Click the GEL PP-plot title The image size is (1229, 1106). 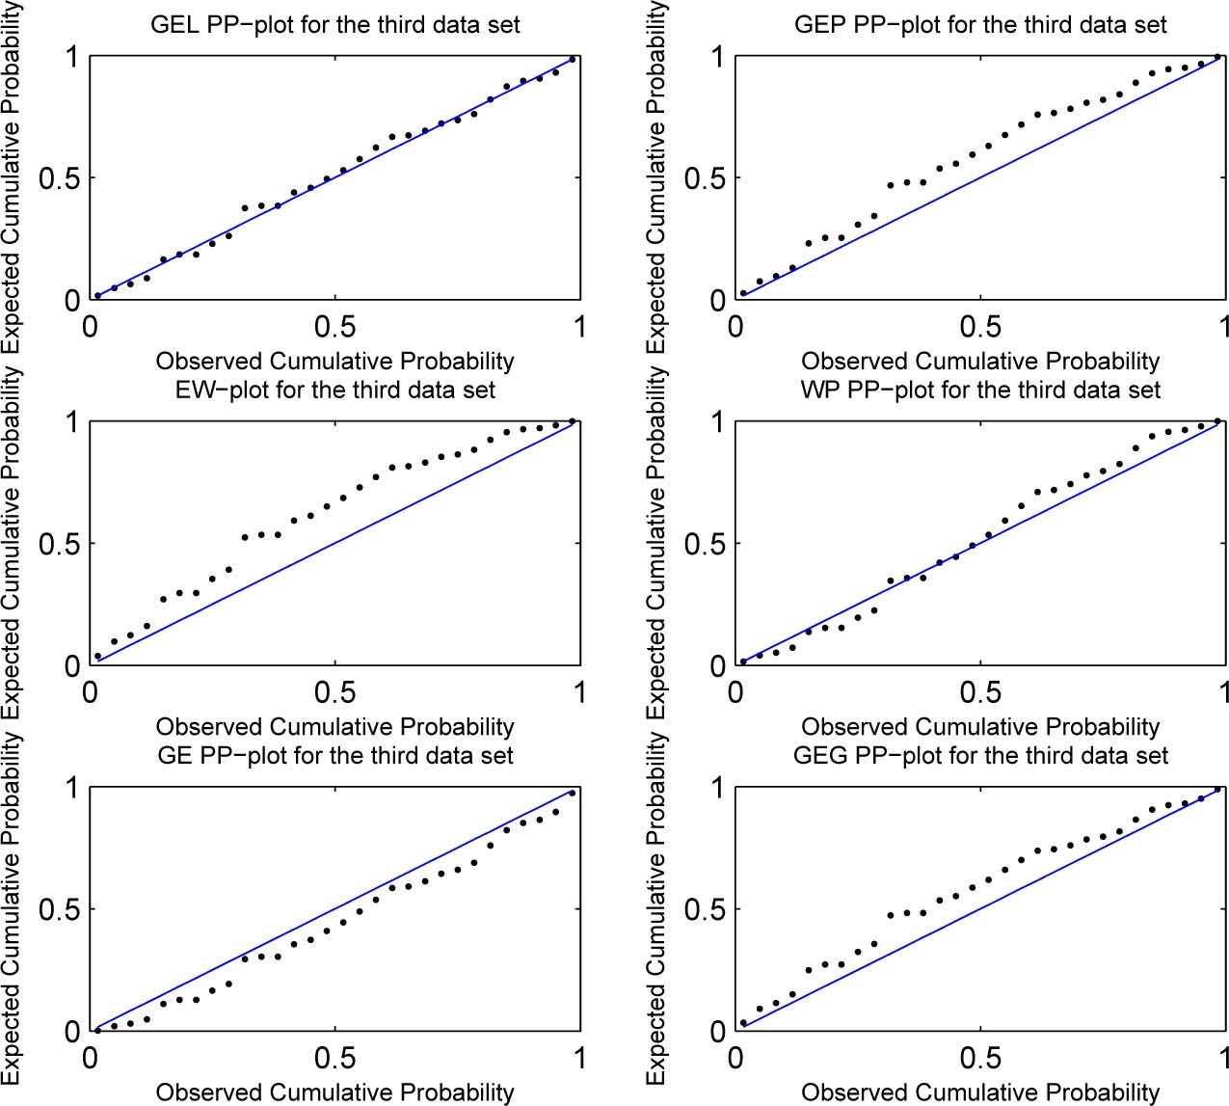tap(334, 25)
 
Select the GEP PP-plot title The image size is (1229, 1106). tap(980, 25)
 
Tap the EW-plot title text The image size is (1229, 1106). tap(334, 391)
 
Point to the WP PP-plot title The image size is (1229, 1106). tap(980, 391)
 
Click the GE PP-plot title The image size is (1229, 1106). tap(334, 755)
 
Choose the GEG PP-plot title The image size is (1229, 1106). tap(980, 755)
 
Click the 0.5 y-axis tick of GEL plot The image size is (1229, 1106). tap(58, 178)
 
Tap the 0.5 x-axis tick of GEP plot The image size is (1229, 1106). tap(980, 327)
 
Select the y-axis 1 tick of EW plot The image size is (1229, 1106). tap(70, 422)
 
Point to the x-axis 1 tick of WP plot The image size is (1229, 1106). tap(1222, 692)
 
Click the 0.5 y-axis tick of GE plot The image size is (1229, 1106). tap(58, 909)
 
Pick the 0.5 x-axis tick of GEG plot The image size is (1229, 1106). tap(980, 1058)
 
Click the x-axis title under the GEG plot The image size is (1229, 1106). tap(980, 1093)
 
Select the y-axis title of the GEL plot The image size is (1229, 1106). tap(12, 178)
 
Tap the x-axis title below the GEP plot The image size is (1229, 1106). tap(980, 362)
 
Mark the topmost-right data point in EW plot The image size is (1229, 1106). tap(573, 421)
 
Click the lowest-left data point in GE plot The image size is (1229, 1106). tap(97, 1030)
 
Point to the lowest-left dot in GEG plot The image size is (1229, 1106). tap(743, 1023)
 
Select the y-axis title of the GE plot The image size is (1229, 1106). tap(12, 909)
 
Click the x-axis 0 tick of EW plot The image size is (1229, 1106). tap(91, 692)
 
